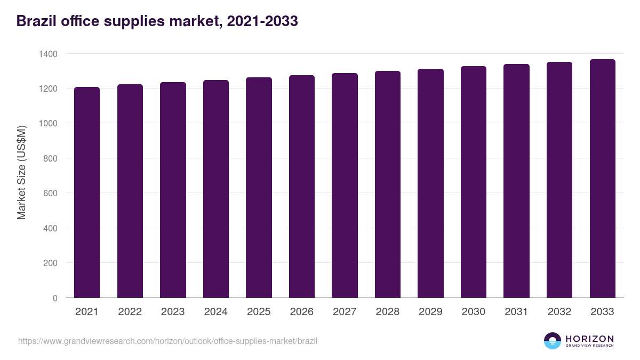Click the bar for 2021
coord(87,192)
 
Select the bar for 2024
coord(215,189)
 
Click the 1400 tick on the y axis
coord(47,54)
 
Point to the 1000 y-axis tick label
coord(47,124)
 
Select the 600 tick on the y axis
coord(50,194)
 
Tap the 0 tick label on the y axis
coord(55,298)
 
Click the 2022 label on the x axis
coord(130,312)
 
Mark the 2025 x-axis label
coord(259,312)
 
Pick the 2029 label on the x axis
coord(430,312)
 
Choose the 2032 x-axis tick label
coord(559,312)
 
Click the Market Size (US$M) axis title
coord(21,172)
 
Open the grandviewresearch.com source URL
coord(167,341)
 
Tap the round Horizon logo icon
coord(552,341)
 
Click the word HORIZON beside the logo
coord(589,338)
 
